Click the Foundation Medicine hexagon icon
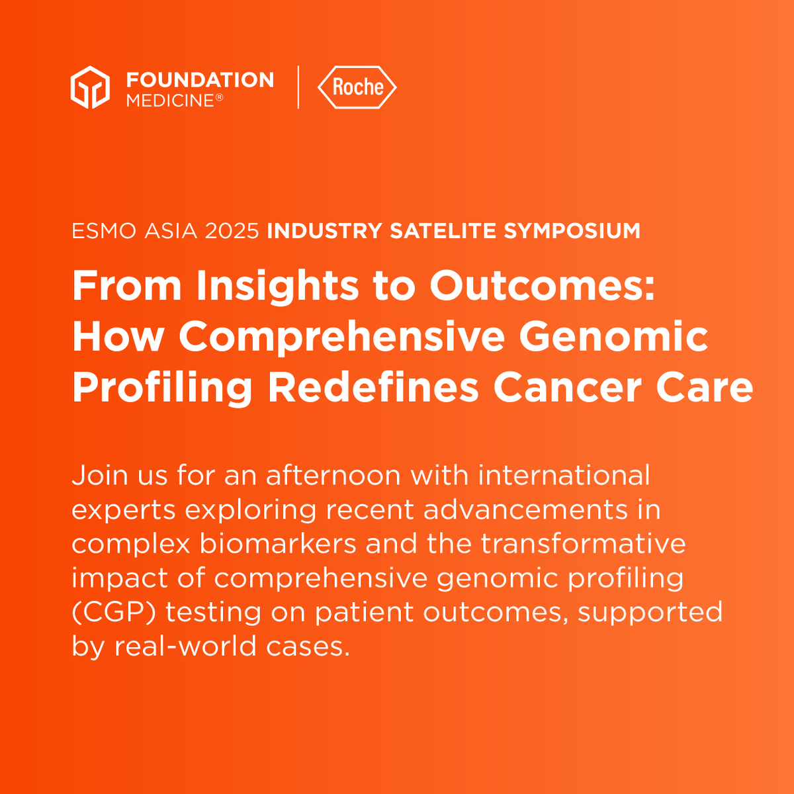90,87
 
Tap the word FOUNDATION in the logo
200,79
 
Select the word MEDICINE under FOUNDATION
170,101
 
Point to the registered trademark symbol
219,97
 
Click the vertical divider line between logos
298,87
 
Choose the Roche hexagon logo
357,87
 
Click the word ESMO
104,231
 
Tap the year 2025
232,231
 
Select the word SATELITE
443,231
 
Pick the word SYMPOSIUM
572,231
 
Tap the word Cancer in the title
568,388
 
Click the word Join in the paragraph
99,476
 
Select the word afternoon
333,475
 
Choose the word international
564,475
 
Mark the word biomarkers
278,543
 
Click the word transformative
583,543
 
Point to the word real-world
185,646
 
